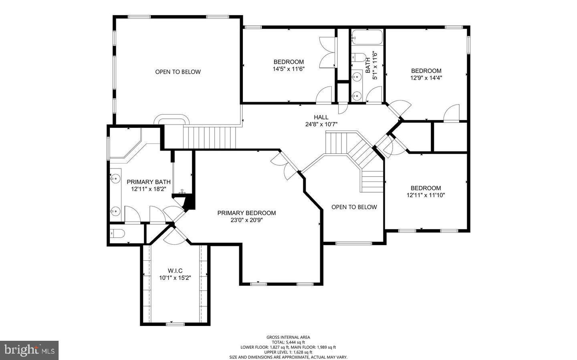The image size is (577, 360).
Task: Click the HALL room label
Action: pos(321,117)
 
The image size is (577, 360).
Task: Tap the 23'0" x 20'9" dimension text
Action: pos(246,220)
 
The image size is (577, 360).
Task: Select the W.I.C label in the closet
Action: pos(175,271)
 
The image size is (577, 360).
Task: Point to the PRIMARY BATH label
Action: pos(149,182)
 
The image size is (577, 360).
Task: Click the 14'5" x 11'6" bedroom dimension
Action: pos(288,69)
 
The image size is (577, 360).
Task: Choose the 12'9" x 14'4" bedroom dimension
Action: pos(426,78)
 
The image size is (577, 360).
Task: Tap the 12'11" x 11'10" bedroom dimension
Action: pos(426,195)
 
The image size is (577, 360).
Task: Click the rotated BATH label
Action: pos(368,65)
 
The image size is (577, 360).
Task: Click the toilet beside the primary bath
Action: pos(117,233)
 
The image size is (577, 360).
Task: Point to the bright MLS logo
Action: pos(29,350)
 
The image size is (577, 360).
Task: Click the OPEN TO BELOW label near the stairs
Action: pos(354,207)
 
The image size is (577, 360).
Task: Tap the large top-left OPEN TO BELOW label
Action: pos(178,72)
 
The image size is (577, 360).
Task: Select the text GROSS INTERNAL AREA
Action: pos(288,337)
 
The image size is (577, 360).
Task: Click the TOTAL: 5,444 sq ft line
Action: pos(288,342)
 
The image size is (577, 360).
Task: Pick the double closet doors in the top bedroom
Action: pos(328,52)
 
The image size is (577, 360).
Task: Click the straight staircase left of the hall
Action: pos(210,137)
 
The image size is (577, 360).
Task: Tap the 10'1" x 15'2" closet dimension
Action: pos(175,278)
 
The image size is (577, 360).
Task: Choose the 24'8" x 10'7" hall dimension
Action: pos(321,125)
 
